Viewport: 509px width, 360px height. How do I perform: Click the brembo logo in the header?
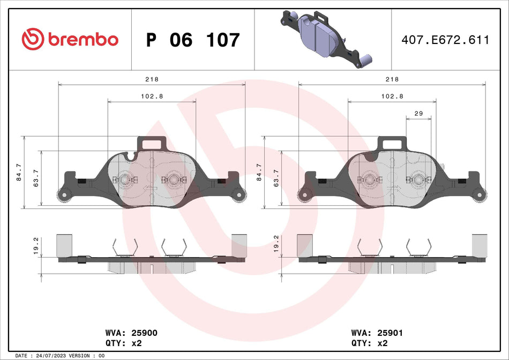(x=70, y=39)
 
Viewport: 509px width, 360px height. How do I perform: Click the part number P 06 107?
(x=193, y=40)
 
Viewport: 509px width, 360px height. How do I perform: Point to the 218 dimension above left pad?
(x=152, y=79)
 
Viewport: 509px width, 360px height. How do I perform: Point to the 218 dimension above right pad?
(x=392, y=79)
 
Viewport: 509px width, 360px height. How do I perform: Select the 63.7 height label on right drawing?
(x=276, y=177)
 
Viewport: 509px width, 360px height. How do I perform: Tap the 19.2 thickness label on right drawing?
(x=276, y=246)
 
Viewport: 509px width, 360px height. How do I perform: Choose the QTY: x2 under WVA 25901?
(x=368, y=343)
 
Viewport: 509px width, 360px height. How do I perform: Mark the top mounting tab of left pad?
(x=153, y=143)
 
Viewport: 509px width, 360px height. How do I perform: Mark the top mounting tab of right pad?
(x=393, y=143)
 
